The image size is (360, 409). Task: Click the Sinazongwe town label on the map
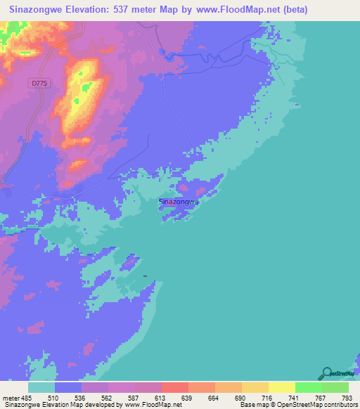(180, 202)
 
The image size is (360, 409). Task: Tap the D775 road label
(39, 83)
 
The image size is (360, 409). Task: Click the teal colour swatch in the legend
(41, 387)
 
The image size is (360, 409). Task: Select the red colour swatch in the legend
(175, 387)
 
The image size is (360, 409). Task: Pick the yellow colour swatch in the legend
(282, 387)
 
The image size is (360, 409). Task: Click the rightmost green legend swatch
(335, 387)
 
